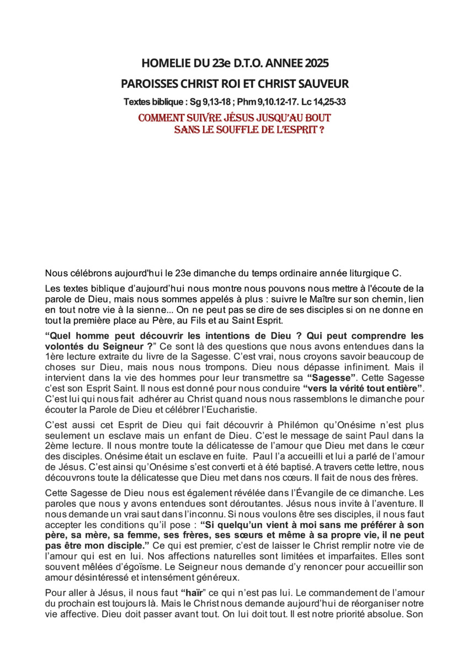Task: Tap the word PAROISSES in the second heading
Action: point(145,84)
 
